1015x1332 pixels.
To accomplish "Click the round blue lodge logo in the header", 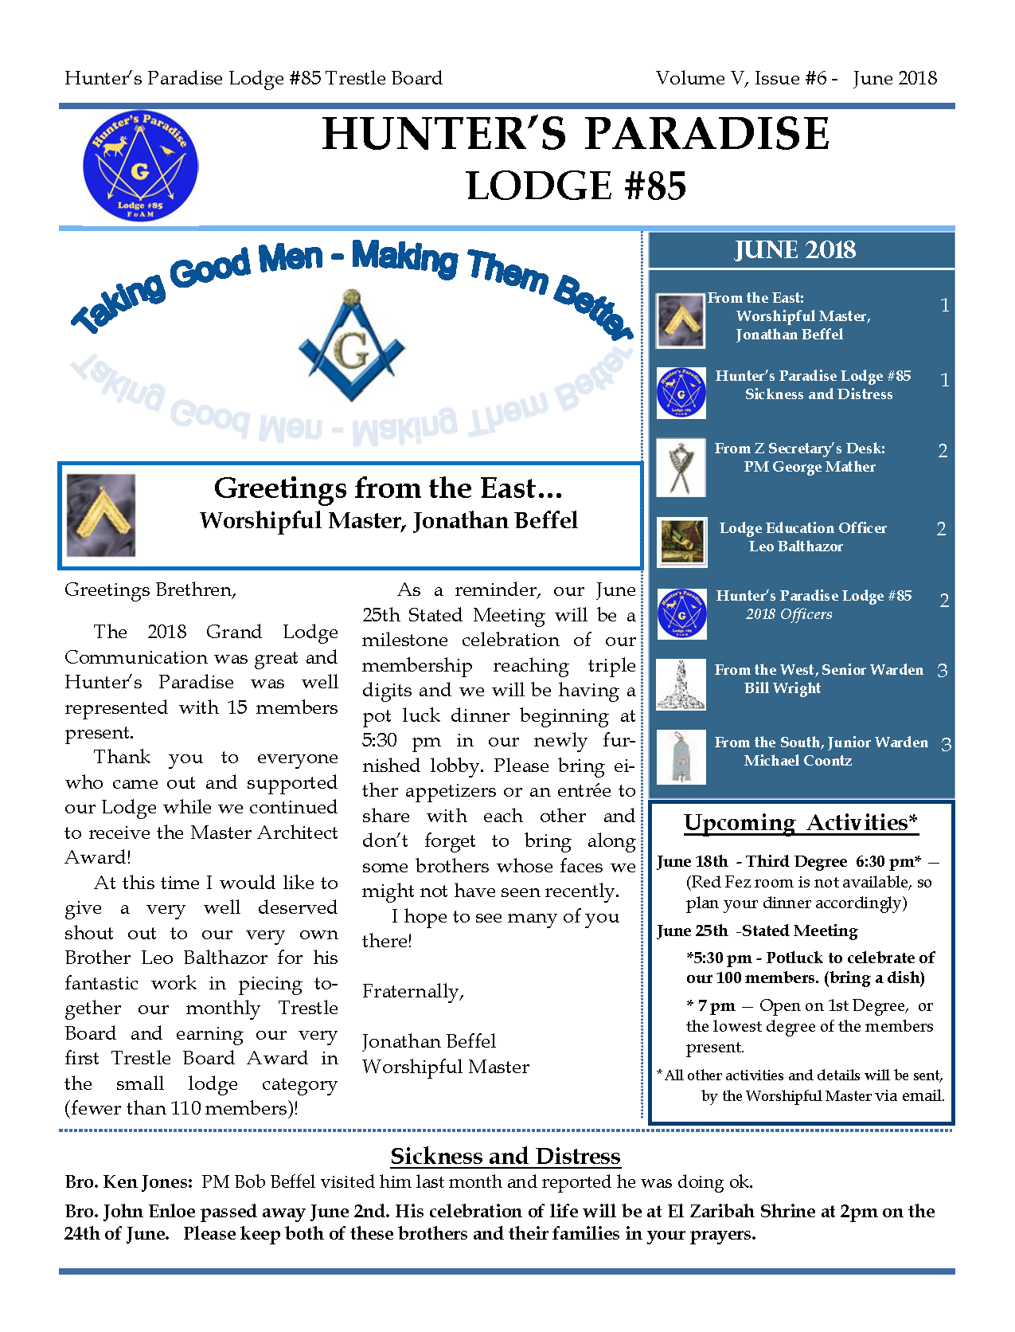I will click(140, 166).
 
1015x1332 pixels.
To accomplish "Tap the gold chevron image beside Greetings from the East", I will click(101, 515).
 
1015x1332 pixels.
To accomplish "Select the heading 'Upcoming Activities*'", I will click(801, 822).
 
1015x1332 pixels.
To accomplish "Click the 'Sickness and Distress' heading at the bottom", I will click(506, 1156).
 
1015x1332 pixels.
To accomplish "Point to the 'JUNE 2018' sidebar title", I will click(794, 250).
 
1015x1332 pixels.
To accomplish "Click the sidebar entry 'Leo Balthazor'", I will click(795, 547).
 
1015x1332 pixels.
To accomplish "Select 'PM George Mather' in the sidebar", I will click(810, 467).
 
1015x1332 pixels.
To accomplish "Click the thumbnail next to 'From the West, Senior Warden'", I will click(681, 684).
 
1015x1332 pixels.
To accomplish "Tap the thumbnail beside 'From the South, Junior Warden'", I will click(681, 756).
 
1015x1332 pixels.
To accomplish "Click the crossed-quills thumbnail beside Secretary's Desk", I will click(681, 468).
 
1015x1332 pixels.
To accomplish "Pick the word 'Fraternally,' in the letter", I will click(412, 991).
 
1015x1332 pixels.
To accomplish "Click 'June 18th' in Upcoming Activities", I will click(692, 861).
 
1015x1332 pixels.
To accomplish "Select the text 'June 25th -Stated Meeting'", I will click(757, 930).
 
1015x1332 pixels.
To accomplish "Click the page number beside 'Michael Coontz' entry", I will click(946, 745).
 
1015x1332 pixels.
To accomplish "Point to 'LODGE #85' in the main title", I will click(576, 186).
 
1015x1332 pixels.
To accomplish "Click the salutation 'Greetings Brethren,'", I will click(150, 590).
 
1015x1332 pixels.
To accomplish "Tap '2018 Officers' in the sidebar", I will click(789, 614).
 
